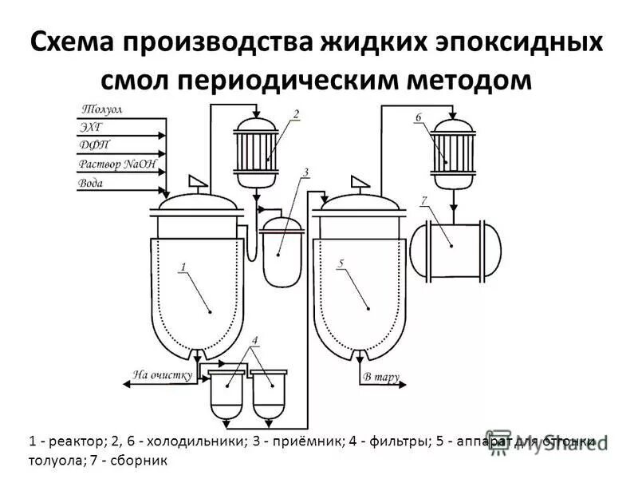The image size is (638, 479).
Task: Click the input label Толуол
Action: tap(100, 109)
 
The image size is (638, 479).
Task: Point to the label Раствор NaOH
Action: tap(118, 164)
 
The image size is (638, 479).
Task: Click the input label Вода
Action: tap(91, 183)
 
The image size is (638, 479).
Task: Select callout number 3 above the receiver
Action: tap(305, 172)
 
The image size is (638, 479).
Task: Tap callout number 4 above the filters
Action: tap(254, 341)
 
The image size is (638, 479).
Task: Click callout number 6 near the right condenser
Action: tap(418, 117)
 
